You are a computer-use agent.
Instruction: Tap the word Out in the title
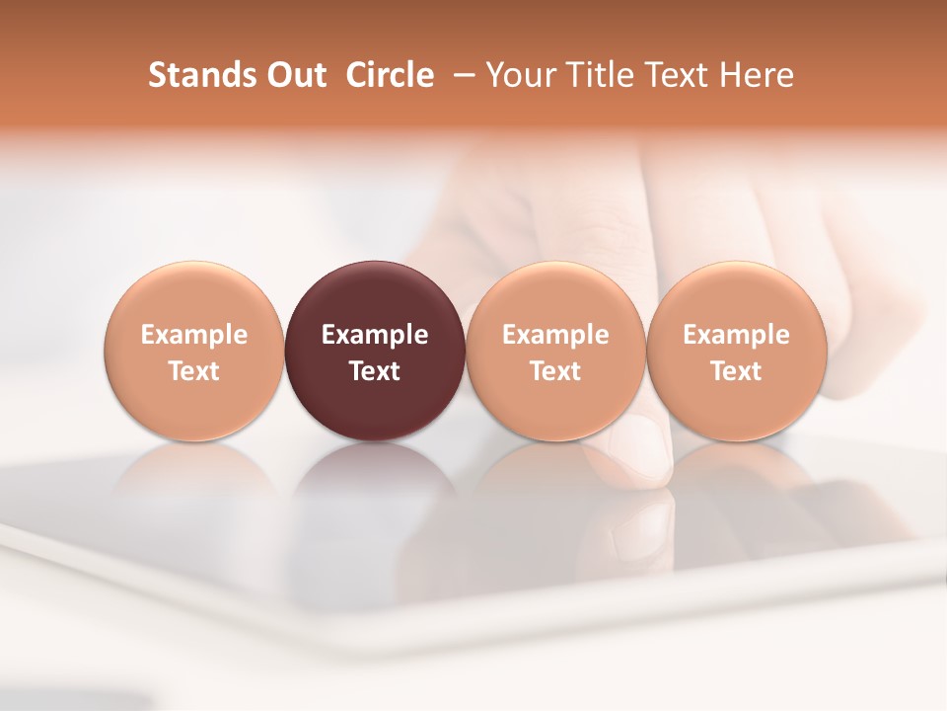point(293,75)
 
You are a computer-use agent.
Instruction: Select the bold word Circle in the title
point(390,75)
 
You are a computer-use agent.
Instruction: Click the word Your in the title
point(520,75)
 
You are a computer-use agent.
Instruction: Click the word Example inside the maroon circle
point(375,335)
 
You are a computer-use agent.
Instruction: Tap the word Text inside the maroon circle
point(375,371)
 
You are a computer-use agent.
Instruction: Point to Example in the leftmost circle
point(193,335)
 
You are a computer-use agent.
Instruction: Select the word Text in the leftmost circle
point(193,371)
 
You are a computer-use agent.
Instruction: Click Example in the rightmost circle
point(736,335)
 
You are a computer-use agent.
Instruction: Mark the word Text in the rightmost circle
point(736,371)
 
